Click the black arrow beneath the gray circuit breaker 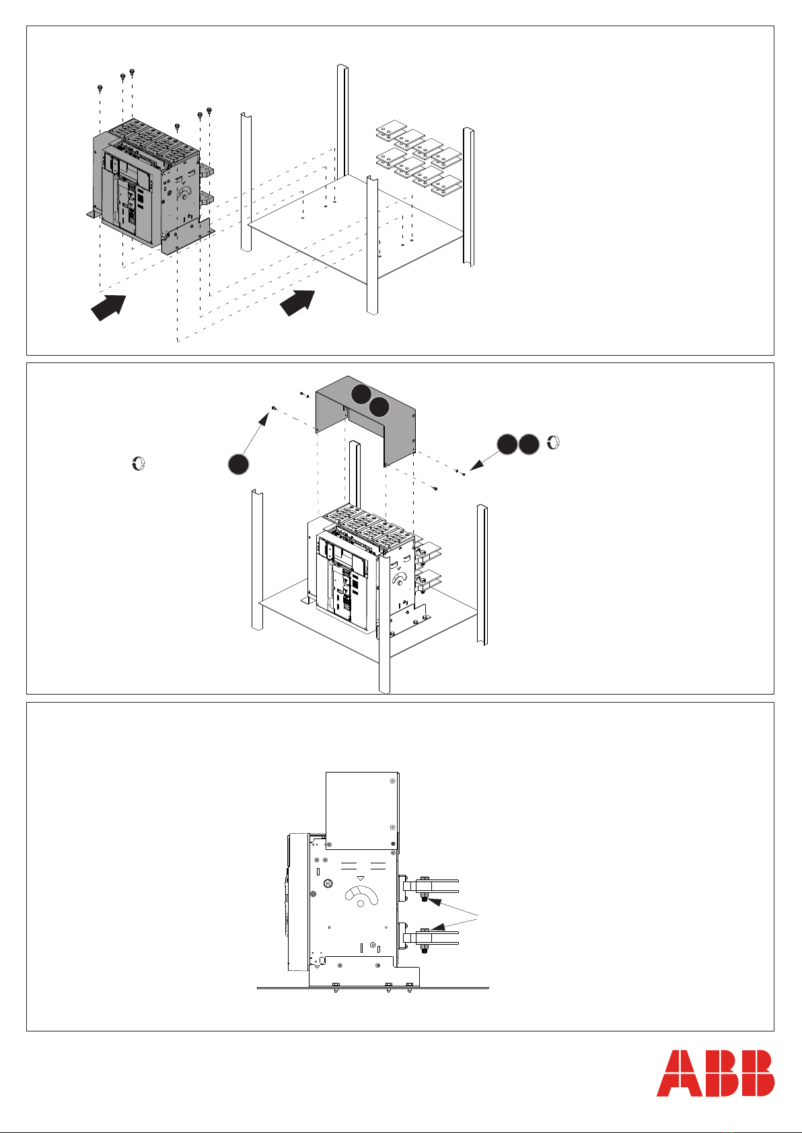pos(108,307)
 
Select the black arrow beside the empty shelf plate pos(297,303)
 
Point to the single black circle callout pos(238,465)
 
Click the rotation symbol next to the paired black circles pos(554,442)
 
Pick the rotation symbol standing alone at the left pos(138,463)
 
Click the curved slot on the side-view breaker pos(361,895)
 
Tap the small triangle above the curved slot pos(360,879)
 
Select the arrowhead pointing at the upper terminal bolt pos(434,901)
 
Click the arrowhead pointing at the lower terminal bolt pos(438,927)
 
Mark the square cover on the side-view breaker pos(362,810)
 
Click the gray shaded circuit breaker pos(151,185)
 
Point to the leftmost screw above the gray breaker pos(100,89)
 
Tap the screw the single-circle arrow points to pos(274,407)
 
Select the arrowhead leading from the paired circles pos(476,465)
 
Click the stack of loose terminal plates pos(418,158)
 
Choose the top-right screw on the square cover pos(393,781)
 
